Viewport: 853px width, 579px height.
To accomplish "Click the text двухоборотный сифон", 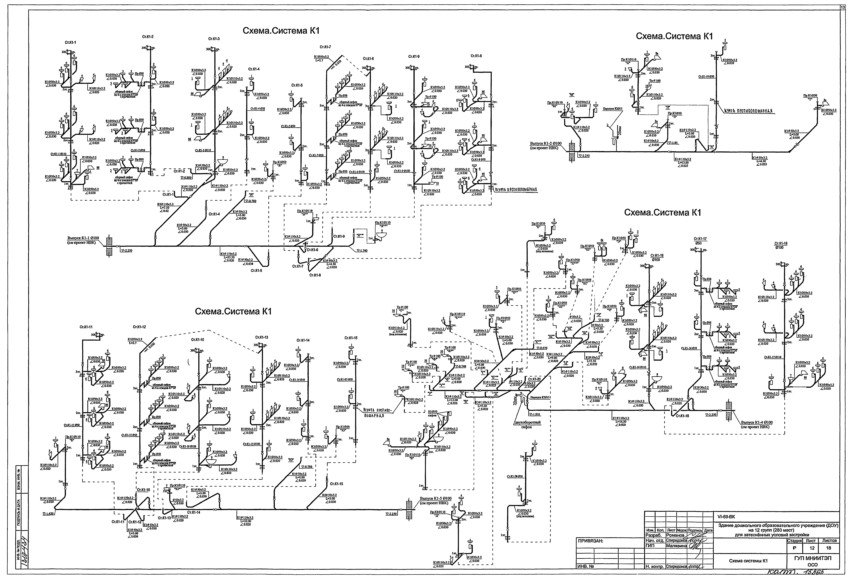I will click(527, 425).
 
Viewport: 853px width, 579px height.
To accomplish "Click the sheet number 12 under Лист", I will click(812, 548).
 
